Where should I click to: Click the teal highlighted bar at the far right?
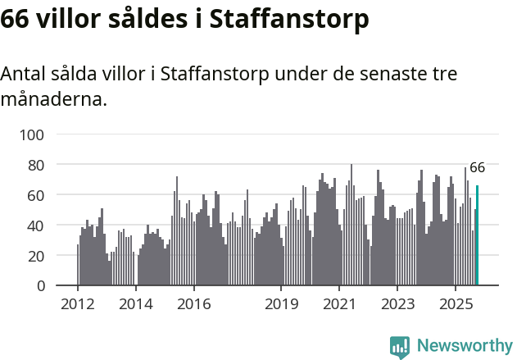coord(477,236)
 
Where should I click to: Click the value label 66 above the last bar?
coord(477,167)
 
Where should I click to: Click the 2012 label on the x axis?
coord(78,304)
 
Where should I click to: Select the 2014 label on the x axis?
coord(136,304)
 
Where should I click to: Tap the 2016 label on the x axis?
coord(193,304)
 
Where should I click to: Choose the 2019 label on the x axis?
coord(281,304)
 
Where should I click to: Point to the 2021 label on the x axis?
coord(339,304)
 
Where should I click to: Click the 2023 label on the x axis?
coord(397,304)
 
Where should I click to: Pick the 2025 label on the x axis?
coord(455,304)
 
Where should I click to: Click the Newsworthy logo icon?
coord(400,347)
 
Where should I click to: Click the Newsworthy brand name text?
coord(465,346)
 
